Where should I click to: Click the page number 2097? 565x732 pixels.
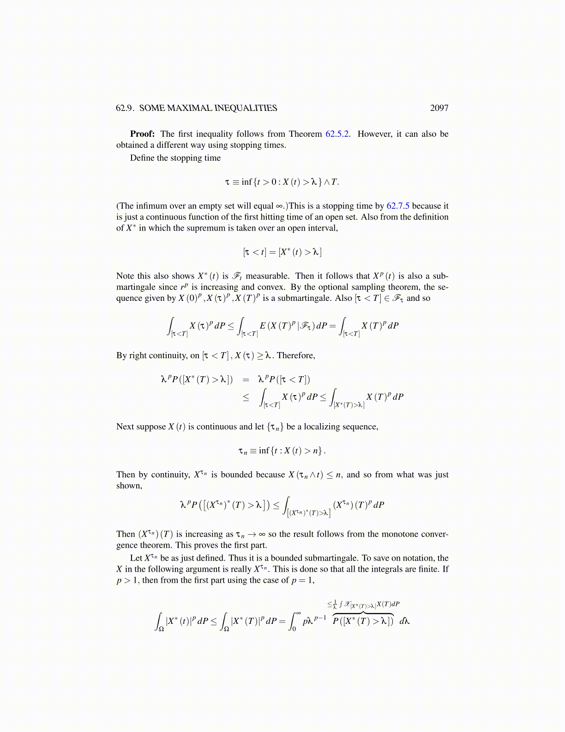pos(439,108)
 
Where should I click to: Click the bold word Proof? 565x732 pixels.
pos(142,134)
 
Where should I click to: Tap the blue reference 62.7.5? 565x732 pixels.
pos(397,206)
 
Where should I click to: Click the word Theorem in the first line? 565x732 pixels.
pos(305,134)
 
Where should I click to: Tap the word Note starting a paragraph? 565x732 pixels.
pos(125,276)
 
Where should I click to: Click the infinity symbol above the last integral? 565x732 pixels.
pos(298,613)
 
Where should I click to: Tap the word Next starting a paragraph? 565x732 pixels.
pos(125,427)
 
